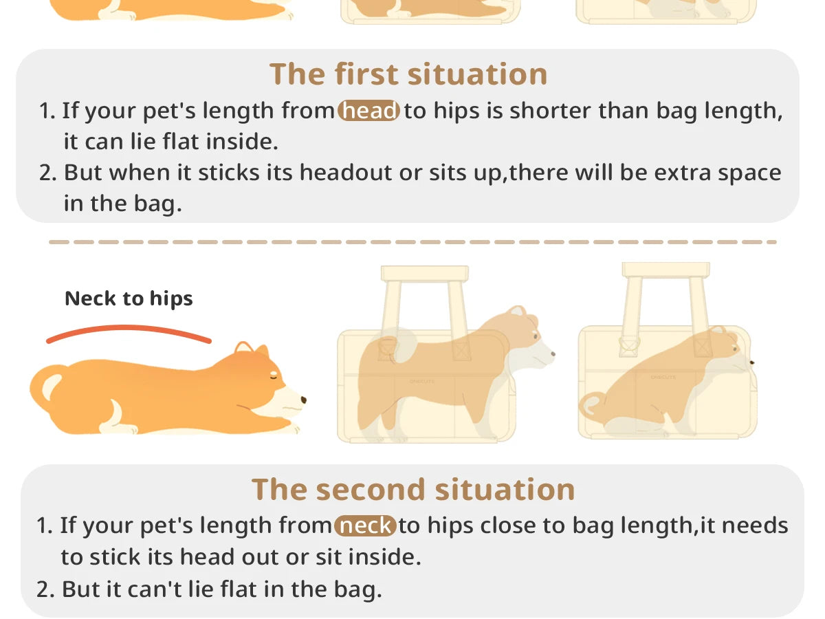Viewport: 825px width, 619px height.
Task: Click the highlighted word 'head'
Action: point(369,111)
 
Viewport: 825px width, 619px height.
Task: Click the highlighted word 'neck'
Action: point(366,526)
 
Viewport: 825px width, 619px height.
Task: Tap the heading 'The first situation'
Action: point(408,74)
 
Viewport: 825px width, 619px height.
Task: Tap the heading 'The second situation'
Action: point(413,490)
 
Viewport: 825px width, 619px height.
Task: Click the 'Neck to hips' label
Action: point(129,298)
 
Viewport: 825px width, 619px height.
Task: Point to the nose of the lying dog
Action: point(303,399)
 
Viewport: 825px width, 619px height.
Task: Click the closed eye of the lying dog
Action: point(276,376)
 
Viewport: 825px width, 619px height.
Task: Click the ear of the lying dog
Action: point(241,349)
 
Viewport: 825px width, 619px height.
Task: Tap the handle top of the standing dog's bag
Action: point(424,274)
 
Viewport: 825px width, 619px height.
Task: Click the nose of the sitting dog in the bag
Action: point(751,362)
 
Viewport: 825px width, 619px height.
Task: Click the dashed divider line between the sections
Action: point(412,242)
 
